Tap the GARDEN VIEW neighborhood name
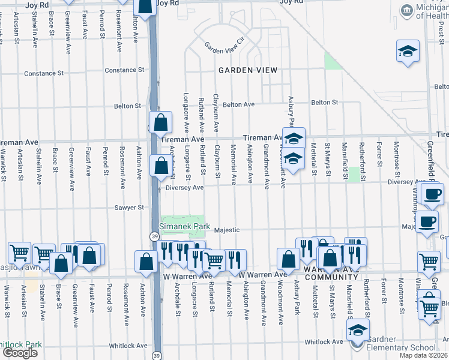(x=248, y=70)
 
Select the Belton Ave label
(x=238, y=104)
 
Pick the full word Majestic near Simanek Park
(x=227, y=230)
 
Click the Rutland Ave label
(x=201, y=114)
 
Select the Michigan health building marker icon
(x=408, y=11)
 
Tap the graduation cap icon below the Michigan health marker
(x=408, y=52)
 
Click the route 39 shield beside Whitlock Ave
(x=157, y=355)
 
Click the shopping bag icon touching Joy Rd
(x=145, y=6)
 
